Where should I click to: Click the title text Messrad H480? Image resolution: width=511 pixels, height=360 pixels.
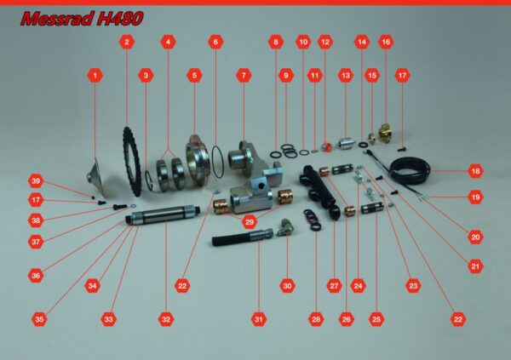point(82,19)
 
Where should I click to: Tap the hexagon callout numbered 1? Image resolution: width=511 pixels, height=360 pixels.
point(95,76)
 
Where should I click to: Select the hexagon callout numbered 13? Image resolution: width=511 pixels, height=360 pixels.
point(346,76)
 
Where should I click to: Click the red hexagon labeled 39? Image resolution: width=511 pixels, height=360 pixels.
point(36,181)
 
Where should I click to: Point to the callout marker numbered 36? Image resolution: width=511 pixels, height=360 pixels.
point(36,276)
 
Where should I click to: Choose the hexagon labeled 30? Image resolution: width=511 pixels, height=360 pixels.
point(287,286)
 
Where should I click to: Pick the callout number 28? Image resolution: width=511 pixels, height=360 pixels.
point(316,319)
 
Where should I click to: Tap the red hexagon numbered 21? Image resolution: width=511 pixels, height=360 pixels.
point(475,266)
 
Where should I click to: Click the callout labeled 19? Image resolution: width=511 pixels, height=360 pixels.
point(475,197)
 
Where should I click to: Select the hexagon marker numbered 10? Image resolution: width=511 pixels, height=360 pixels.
point(303,42)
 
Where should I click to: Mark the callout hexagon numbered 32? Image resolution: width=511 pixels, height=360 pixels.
point(166,319)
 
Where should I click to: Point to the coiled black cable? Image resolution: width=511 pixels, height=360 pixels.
point(410,169)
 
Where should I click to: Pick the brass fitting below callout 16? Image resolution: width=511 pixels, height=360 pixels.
point(386,133)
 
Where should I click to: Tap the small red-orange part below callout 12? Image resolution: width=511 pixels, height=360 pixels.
point(326,147)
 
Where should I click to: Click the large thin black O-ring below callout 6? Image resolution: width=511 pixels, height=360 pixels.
point(218,162)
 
